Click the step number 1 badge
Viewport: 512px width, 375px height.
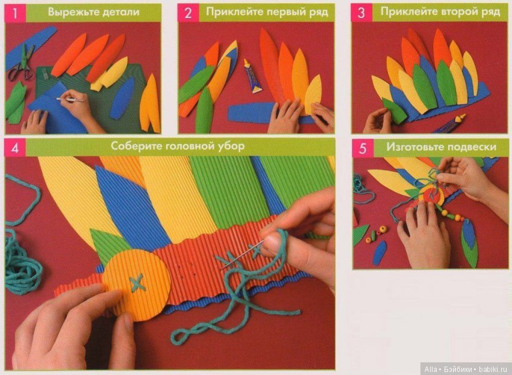14,13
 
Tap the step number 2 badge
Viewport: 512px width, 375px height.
188,13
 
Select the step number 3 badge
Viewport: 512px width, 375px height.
361,13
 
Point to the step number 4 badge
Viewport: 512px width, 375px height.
15,148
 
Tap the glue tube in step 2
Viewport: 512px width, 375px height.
252,76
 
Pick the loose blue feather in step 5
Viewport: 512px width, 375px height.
379,253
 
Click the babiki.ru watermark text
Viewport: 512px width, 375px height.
493,370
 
